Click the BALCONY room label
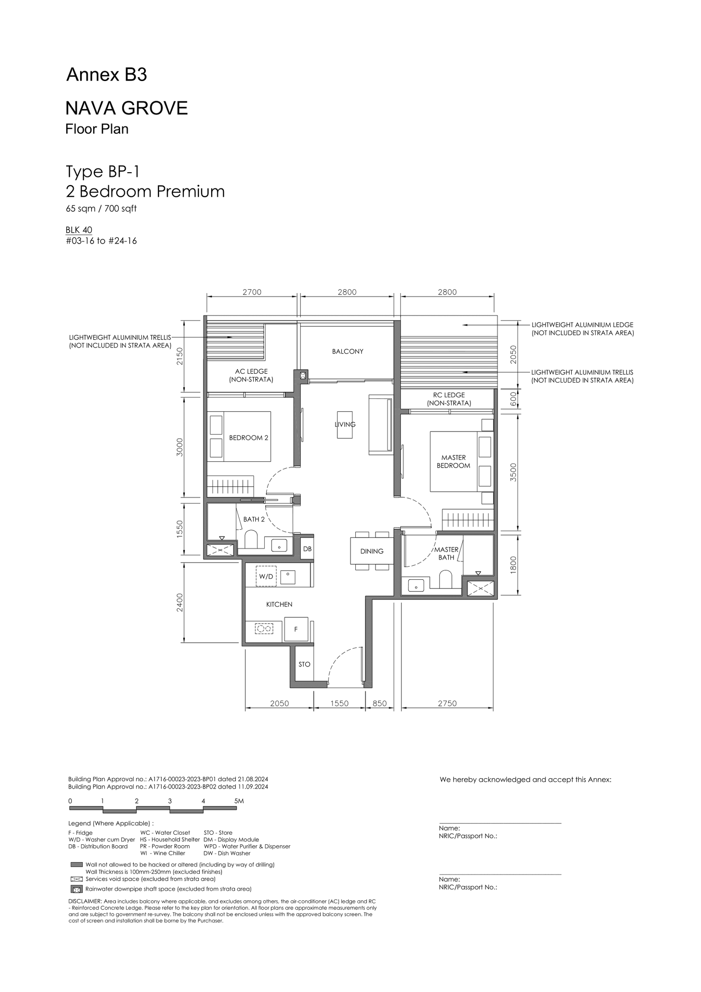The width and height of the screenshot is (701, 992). point(347,351)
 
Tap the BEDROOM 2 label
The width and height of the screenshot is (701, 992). point(248,438)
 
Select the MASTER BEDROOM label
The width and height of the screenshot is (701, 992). point(453,461)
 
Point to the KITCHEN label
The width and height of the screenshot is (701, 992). point(279,604)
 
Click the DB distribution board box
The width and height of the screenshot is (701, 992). point(307,549)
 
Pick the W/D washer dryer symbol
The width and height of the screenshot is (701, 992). point(266,577)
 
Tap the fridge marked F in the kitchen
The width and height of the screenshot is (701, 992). point(296,629)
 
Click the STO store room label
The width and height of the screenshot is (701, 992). point(304,664)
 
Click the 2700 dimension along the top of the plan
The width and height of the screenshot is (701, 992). point(252,292)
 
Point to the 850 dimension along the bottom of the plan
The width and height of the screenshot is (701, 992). point(380,703)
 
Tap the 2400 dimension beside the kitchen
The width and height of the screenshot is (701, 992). point(180,602)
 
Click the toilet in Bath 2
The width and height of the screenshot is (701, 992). point(251,540)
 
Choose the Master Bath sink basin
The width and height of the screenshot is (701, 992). point(415,585)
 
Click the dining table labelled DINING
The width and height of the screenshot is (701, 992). point(372,551)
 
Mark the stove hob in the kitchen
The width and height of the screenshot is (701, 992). point(264,628)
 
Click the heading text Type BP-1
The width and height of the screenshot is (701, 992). point(103,171)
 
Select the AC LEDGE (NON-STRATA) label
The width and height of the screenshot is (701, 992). point(251,376)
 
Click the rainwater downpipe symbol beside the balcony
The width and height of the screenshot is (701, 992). point(303,375)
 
